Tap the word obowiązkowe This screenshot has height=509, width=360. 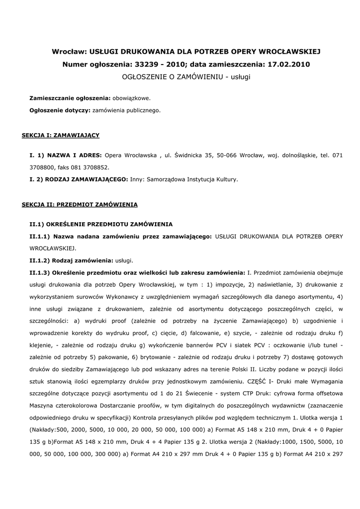click(131, 98)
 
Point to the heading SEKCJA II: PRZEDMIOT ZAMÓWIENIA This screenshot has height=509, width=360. click(80, 204)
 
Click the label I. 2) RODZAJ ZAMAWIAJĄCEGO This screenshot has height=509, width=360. click(79, 179)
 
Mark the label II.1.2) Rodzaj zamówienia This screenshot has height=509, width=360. click(72, 260)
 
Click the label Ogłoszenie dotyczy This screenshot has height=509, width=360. click(60, 110)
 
